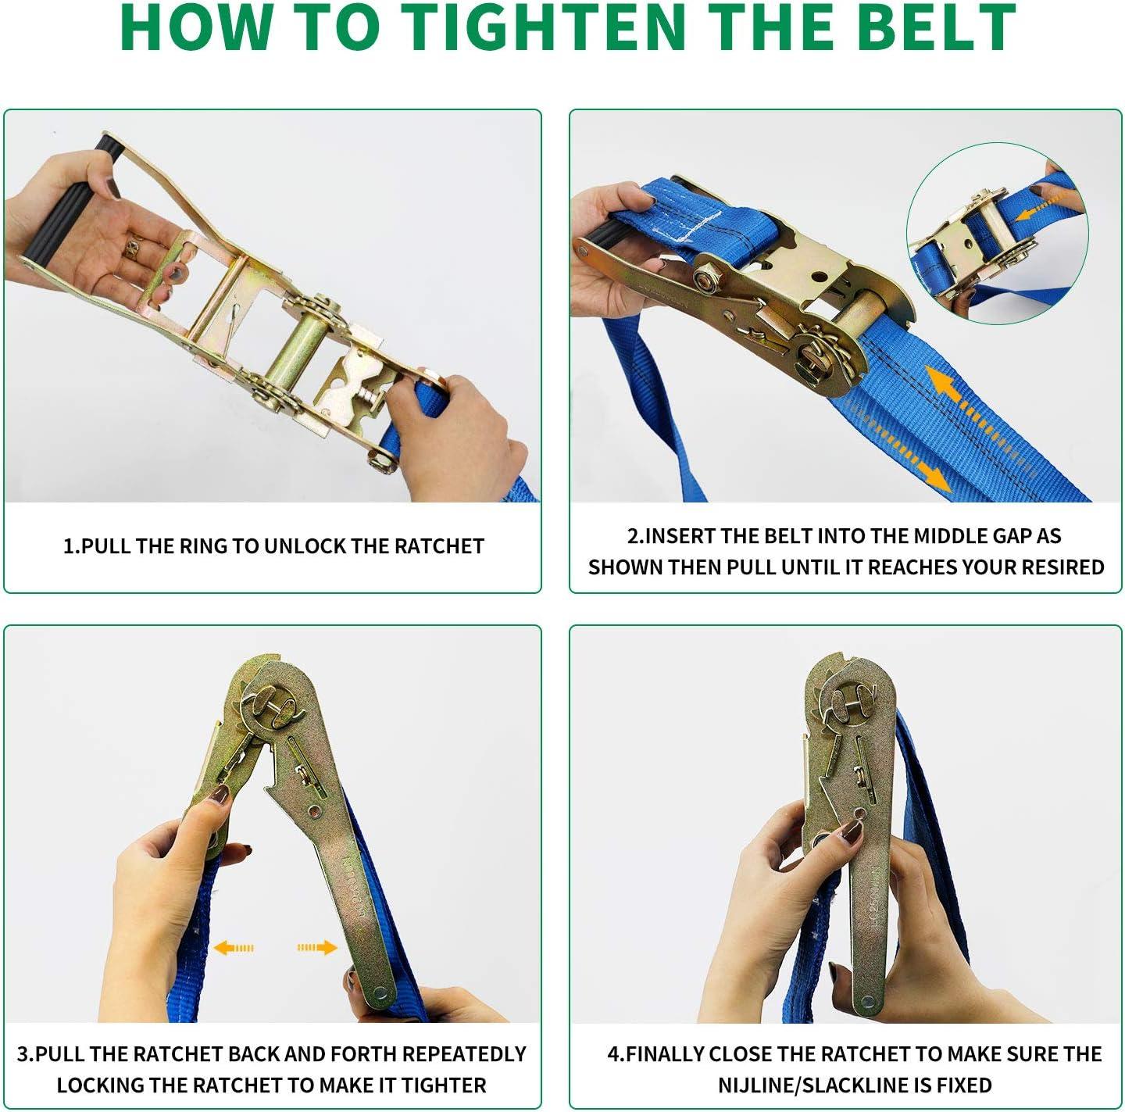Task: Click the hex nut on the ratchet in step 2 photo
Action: tap(705, 278)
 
